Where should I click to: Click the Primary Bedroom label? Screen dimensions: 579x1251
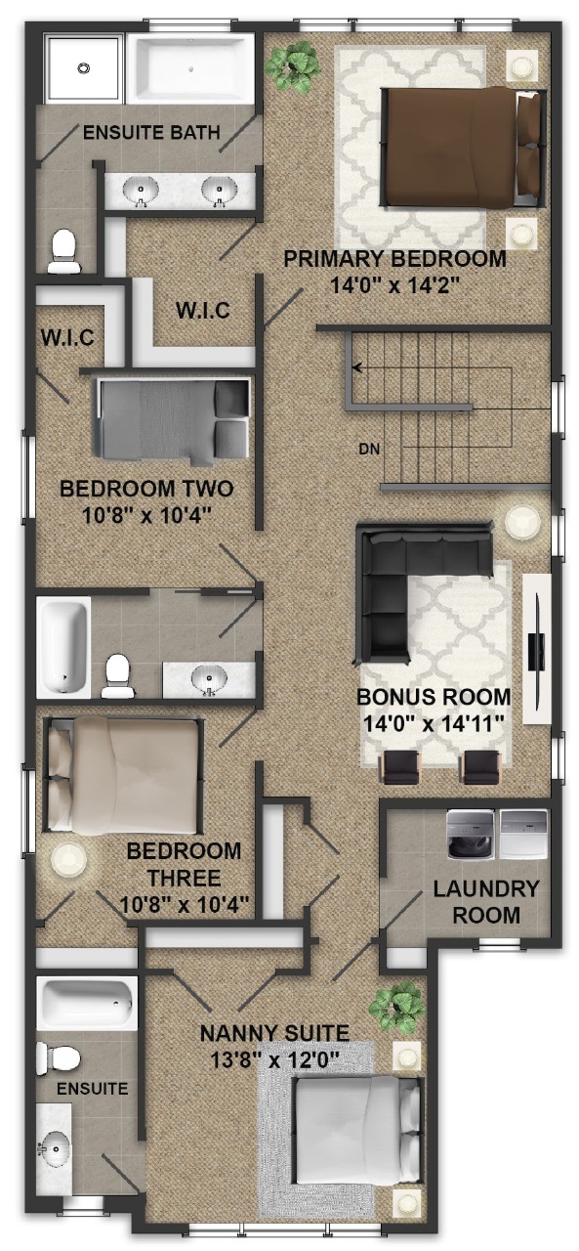point(394,259)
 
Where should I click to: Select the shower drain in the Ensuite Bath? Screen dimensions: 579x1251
point(83,68)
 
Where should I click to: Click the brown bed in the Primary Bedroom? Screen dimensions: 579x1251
point(463,148)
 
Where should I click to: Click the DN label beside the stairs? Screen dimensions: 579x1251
point(369,448)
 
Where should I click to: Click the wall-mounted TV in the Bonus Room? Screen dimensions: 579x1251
point(536,651)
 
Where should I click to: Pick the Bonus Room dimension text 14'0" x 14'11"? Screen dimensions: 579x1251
point(434,724)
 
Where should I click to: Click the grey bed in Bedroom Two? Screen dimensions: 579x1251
point(173,420)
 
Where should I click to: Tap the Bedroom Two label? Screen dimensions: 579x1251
point(146,489)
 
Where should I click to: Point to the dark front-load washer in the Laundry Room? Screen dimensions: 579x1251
point(471,835)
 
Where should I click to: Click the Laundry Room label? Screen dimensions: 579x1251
point(486,901)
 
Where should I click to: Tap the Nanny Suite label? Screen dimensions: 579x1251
point(274,1033)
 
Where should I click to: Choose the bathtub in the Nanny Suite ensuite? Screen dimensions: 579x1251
point(87,1004)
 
